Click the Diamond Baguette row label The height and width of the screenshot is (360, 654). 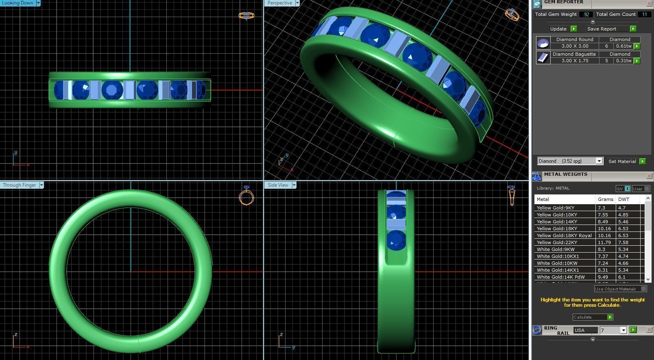pyautogui.click(x=574, y=54)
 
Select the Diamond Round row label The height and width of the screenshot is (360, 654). pyautogui.click(x=574, y=39)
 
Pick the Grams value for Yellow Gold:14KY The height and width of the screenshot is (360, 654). pyautogui.click(x=602, y=222)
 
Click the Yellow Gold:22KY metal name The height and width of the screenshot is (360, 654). pyautogui.click(x=557, y=242)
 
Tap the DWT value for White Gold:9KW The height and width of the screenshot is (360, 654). pyautogui.click(x=623, y=249)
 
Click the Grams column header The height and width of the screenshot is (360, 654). pyautogui.click(x=605, y=199)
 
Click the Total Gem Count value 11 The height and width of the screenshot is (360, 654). pyautogui.click(x=644, y=14)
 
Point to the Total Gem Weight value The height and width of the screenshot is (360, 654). pyautogui.click(x=586, y=14)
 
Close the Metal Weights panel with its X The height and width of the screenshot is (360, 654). pyautogui.click(x=649, y=176)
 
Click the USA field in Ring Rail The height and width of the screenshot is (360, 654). pyautogui.click(x=585, y=330)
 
